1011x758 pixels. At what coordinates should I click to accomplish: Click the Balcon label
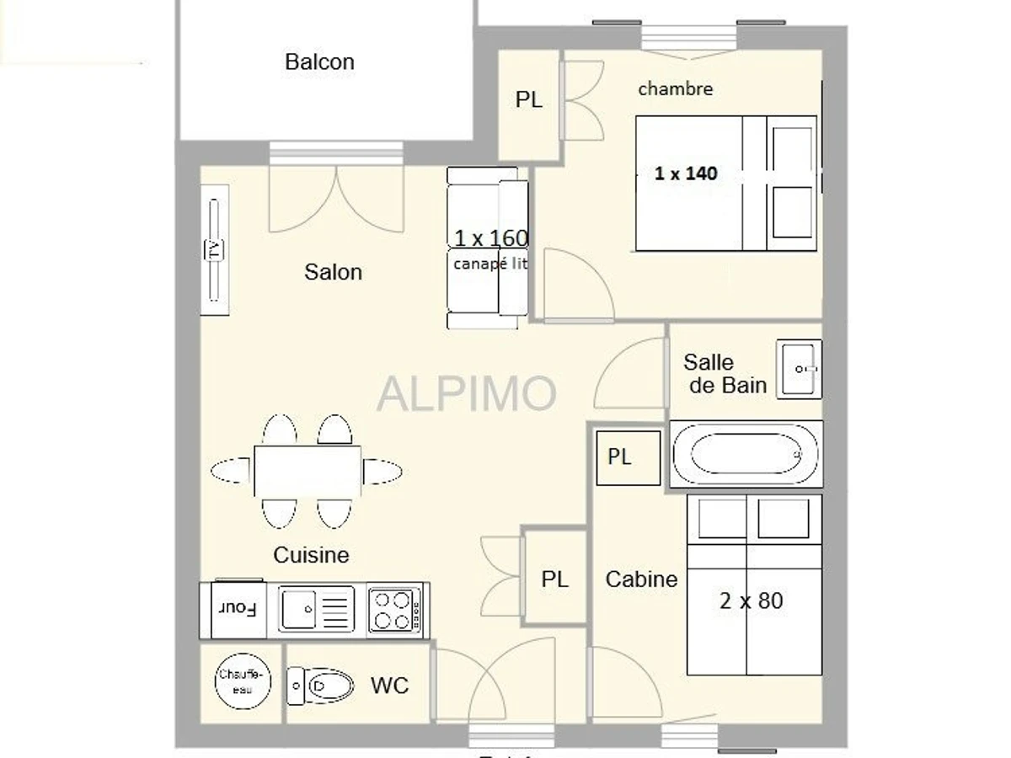pyautogui.click(x=319, y=61)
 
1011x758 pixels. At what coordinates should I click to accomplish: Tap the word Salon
pyautogui.click(x=334, y=271)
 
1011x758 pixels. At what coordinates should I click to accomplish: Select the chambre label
pyautogui.click(x=676, y=88)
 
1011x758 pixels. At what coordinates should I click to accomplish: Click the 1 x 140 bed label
pyautogui.click(x=686, y=173)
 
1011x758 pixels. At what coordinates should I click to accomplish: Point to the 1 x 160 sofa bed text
pyautogui.click(x=491, y=238)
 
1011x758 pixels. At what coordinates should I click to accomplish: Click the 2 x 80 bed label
pyautogui.click(x=751, y=601)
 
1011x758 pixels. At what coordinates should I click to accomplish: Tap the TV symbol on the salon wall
pyautogui.click(x=214, y=250)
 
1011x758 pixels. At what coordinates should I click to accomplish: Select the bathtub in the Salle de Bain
pyautogui.click(x=745, y=455)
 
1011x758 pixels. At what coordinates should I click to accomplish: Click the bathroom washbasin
pyautogui.click(x=798, y=368)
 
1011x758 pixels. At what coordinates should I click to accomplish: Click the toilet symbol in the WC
pyautogui.click(x=320, y=686)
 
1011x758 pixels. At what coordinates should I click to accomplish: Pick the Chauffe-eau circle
pyautogui.click(x=243, y=681)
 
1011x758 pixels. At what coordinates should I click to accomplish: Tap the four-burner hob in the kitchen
pyautogui.click(x=394, y=610)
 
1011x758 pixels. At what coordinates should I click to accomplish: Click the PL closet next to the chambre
pyautogui.click(x=529, y=100)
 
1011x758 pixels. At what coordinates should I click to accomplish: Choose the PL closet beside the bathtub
pyautogui.click(x=620, y=457)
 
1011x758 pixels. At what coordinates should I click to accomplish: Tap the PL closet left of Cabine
pyautogui.click(x=554, y=579)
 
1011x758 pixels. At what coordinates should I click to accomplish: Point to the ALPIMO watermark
pyautogui.click(x=466, y=392)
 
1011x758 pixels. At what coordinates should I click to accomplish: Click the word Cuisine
pyautogui.click(x=311, y=555)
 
